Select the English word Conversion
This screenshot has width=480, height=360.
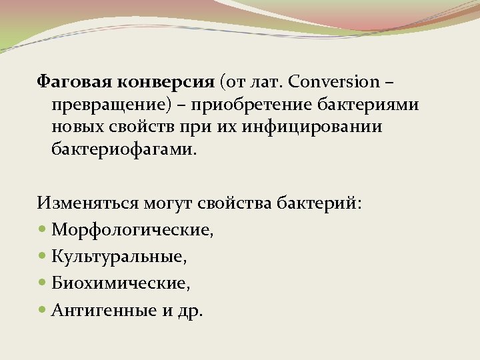[333, 83]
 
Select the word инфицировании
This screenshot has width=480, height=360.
[313, 127]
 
